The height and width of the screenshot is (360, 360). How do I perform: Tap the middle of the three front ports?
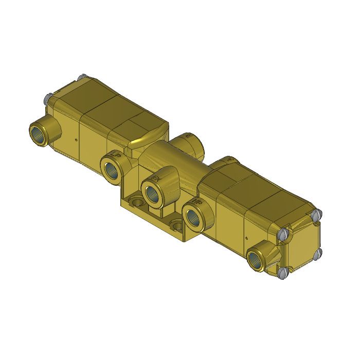coord(152,192)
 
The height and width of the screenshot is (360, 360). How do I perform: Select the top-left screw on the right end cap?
coord(283,234)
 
